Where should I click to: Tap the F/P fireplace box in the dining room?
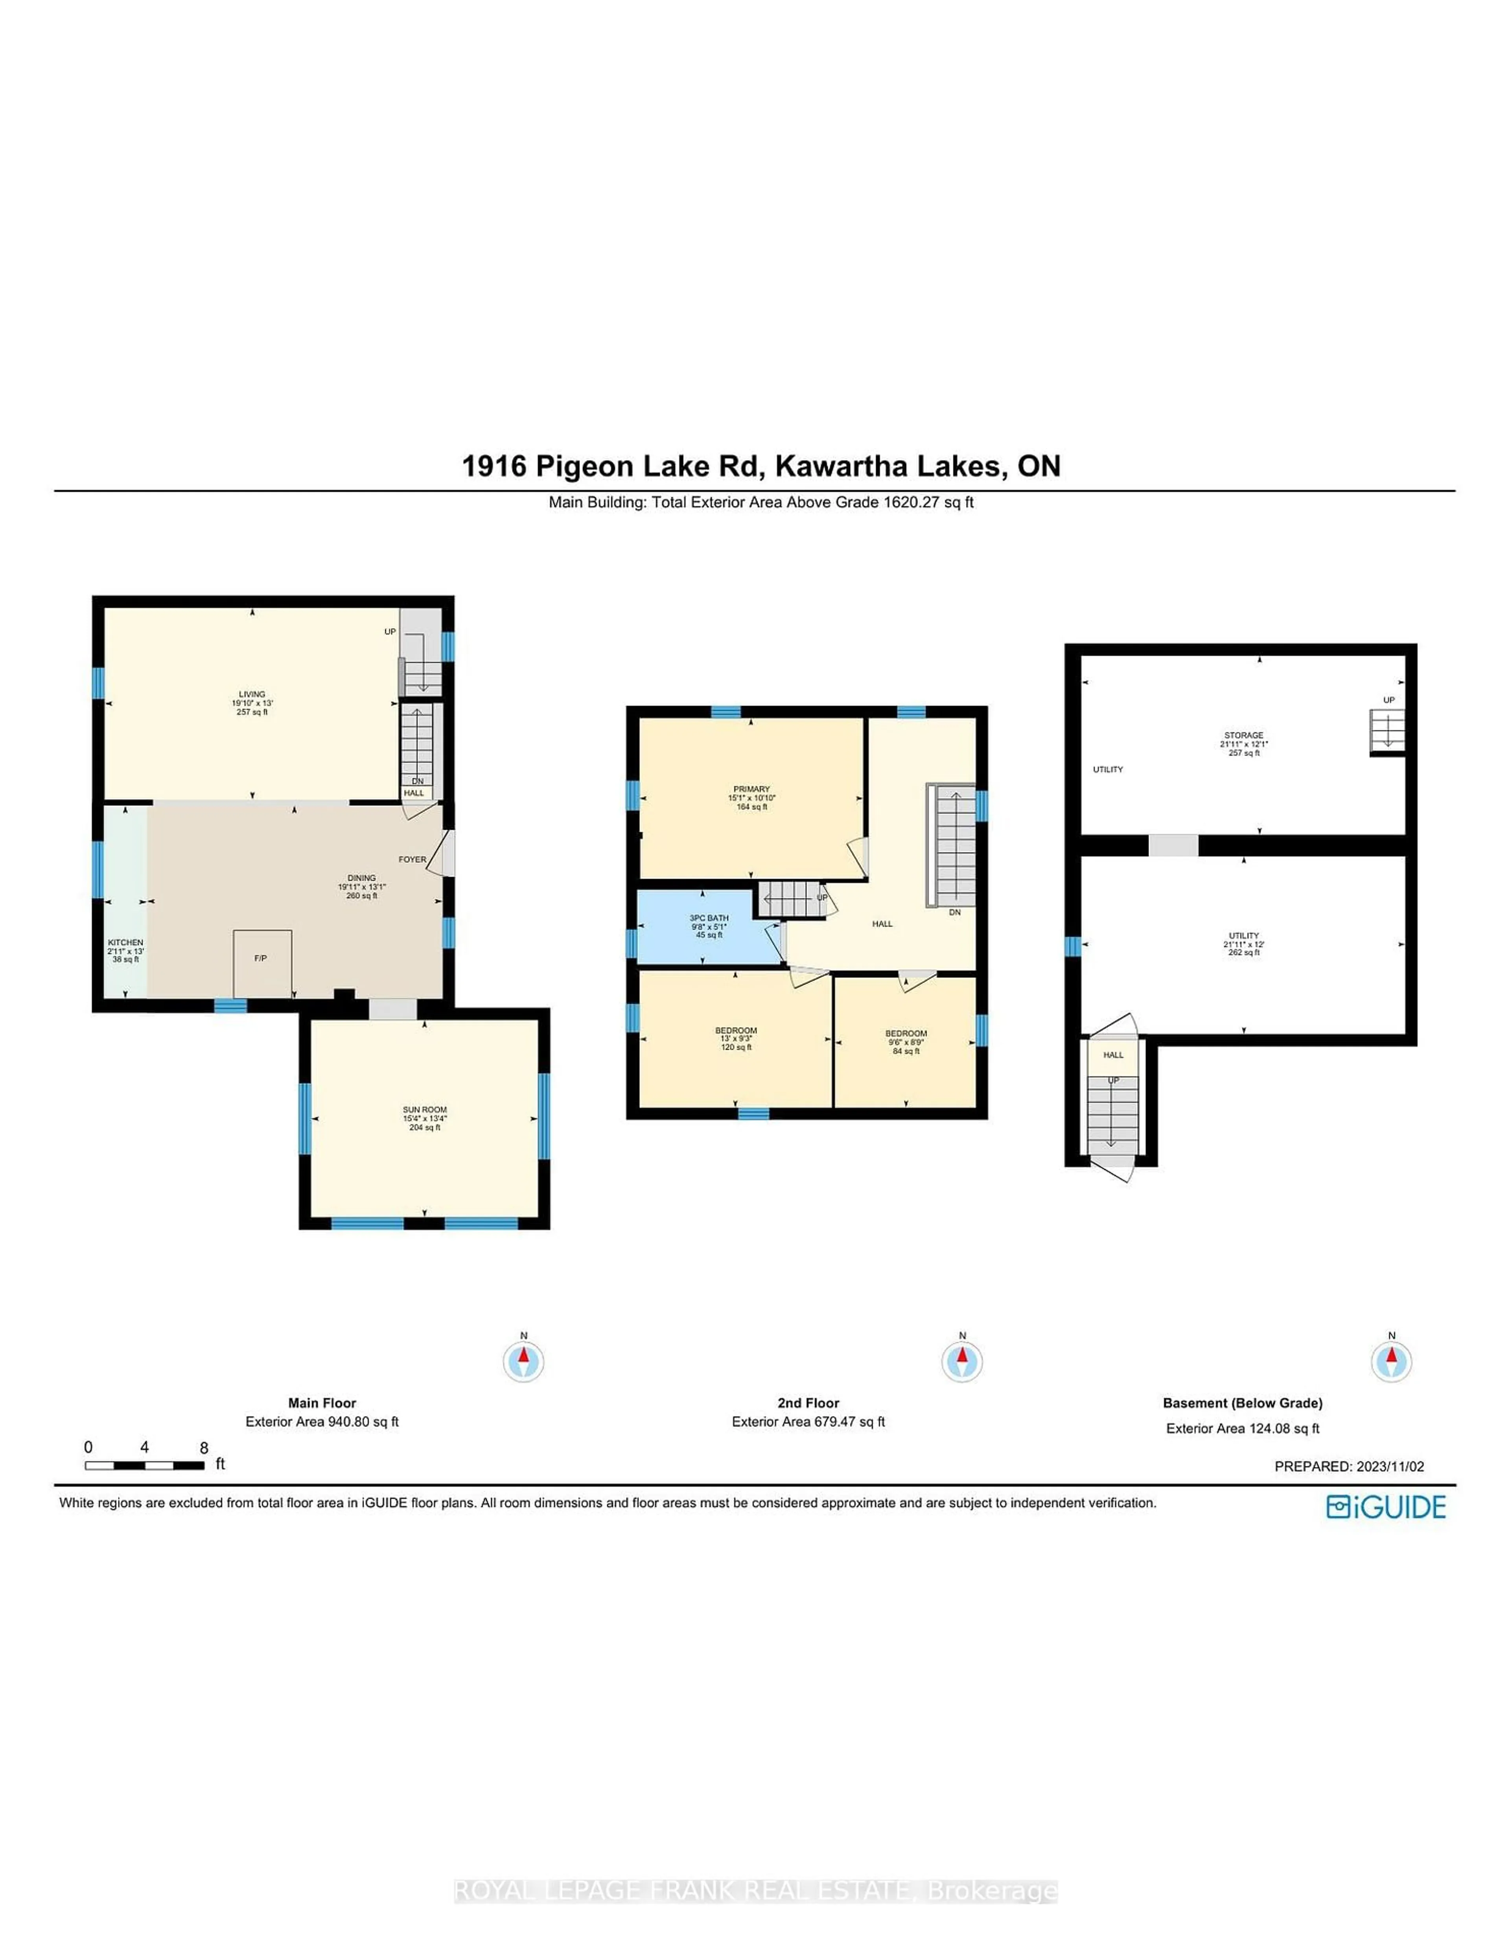pyautogui.click(x=261, y=962)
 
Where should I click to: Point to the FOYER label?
pyautogui.click(x=412, y=859)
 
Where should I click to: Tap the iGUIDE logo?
pyautogui.click(x=1386, y=1508)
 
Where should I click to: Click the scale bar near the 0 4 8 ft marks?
pyautogui.click(x=144, y=1465)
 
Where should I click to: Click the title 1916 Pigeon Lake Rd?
pyautogui.click(x=761, y=466)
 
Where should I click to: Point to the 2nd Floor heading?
pyautogui.click(x=808, y=1403)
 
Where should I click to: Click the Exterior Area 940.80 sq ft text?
pyautogui.click(x=322, y=1421)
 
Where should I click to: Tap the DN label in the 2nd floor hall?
pyautogui.click(x=954, y=912)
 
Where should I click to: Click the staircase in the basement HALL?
pyautogui.click(x=1112, y=1114)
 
